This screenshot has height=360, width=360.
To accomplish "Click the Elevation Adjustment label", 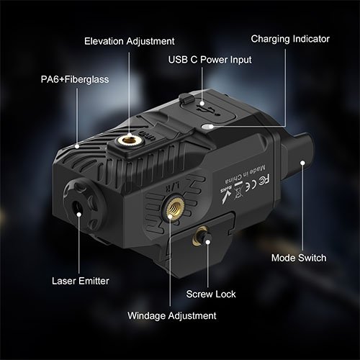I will click(129, 41).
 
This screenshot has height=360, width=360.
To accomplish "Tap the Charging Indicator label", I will click(290, 38).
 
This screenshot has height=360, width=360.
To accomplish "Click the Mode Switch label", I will click(299, 258).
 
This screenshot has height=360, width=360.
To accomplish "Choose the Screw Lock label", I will click(211, 294).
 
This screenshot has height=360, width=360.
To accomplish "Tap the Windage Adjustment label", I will click(171, 315).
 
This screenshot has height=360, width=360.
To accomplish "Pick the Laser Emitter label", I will click(80, 280).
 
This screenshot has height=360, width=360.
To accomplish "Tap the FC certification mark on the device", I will click(245, 176).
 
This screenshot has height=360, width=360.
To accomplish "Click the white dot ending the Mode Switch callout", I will click(304, 163).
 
